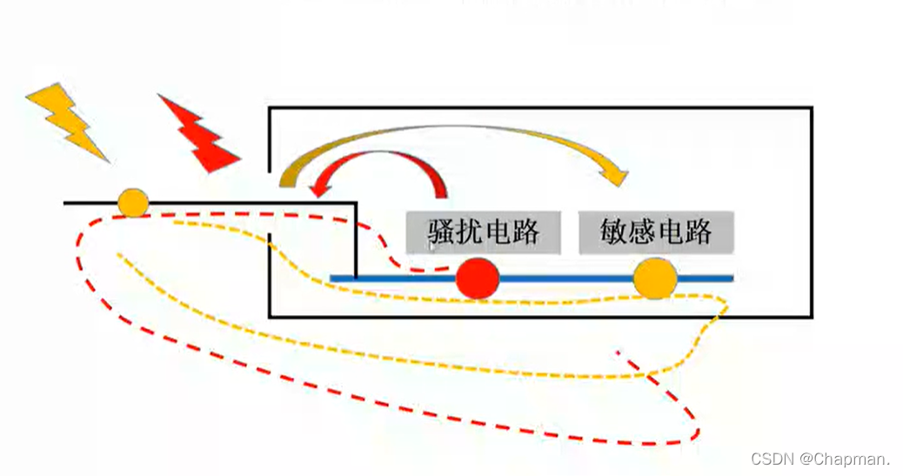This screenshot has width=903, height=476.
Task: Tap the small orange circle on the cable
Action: [x=133, y=203]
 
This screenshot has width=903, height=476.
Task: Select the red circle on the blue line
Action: [x=478, y=278]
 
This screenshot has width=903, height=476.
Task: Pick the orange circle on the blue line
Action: [x=655, y=278]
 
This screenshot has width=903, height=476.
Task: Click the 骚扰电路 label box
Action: [x=483, y=232]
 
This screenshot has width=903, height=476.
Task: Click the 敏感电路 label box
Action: [x=656, y=232]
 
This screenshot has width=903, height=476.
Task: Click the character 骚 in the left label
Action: [x=442, y=232]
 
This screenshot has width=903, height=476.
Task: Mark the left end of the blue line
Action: [x=332, y=278]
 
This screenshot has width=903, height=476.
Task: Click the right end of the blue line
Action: [x=732, y=278]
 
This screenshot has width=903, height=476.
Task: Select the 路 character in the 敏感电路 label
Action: [x=698, y=232]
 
